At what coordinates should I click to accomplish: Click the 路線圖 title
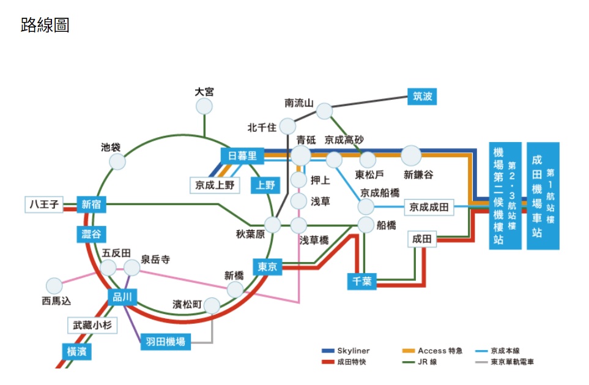[x=45, y=25]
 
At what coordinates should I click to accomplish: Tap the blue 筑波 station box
[x=422, y=96]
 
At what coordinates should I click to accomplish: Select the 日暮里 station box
[x=242, y=156]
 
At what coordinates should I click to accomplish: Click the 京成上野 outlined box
[x=215, y=184]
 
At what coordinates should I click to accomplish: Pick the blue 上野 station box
[x=265, y=185]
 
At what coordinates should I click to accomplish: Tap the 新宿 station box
[x=91, y=204]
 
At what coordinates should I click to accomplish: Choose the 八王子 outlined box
[x=44, y=204]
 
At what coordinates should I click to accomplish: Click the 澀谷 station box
[x=91, y=234]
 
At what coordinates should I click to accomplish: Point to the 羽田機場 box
[x=165, y=342]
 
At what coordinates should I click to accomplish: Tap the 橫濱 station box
[x=76, y=351]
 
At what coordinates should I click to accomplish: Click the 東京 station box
[x=267, y=266]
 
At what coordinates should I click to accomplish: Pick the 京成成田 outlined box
[x=429, y=207]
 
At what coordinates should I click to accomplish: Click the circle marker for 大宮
[x=204, y=107]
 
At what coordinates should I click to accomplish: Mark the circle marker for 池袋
[x=117, y=162]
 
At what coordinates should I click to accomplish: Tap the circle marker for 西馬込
[x=54, y=286]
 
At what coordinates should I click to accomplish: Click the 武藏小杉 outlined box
[x=92, y=326]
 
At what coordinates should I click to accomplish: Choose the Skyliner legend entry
[x=346, y=351]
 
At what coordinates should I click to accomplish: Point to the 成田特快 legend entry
[x=346, y=362]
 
